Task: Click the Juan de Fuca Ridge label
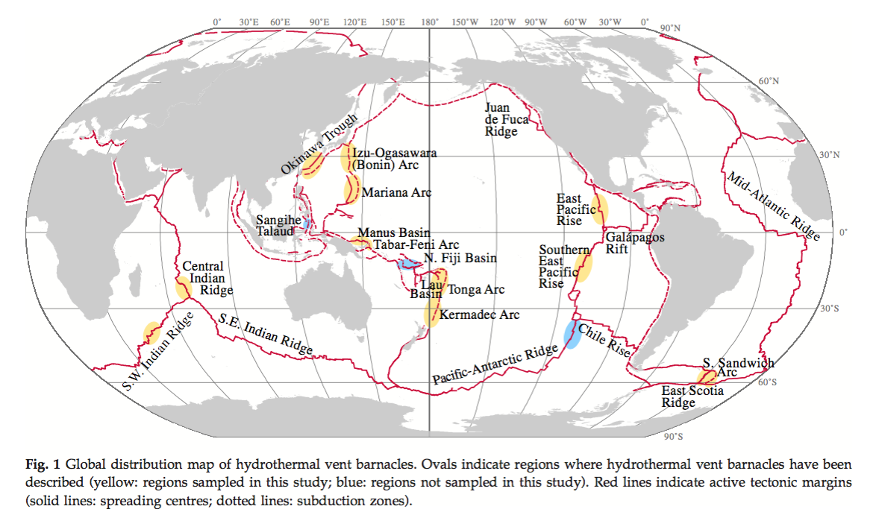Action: coord(507,119)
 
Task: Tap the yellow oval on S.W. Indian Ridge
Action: coord(151,332)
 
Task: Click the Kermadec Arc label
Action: coord(479,315)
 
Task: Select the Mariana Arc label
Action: coord(396,192)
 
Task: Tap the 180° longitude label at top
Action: coord(429,22)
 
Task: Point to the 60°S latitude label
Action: coord(768,382)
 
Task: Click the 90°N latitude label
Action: coord(671,28)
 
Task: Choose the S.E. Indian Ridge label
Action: coord(265,332)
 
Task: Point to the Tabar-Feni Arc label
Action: coord(416,244)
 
